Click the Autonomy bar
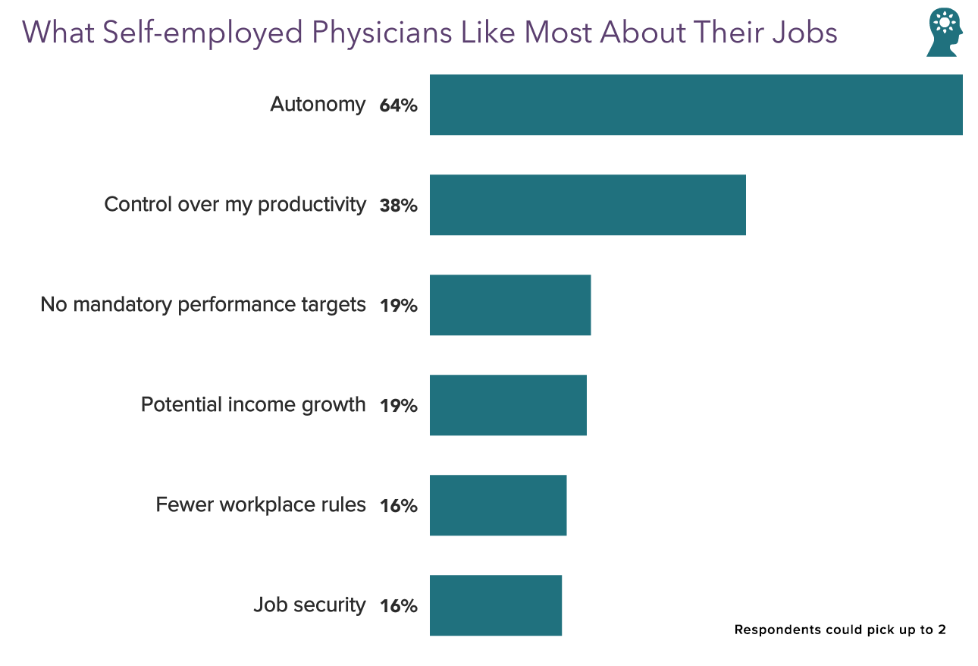(696, 105)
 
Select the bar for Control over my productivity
(588, 205)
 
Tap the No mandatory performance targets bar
(510, 305)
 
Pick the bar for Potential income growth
(508, 405)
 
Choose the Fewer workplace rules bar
(498, 505)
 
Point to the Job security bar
(496, 605)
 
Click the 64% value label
(399, 106)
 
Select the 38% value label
(399, 206)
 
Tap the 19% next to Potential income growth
(399, 407)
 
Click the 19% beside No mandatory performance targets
(399, 306)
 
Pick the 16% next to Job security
(399, 607)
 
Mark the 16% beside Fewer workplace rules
(399, 507)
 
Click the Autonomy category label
(318, 105)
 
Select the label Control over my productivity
(235, 205)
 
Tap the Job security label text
(309, 605)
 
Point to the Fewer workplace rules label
(261, 505)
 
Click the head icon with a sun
(944, 33)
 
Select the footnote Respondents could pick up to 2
(840, 630)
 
